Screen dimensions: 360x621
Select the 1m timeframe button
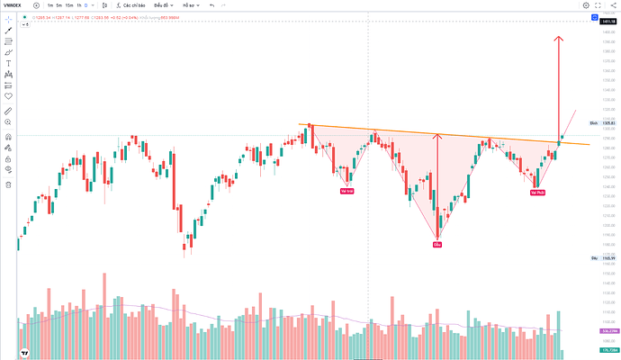[49, 5]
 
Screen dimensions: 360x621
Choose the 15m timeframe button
[69, 5]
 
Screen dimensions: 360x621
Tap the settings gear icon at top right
[586, 5]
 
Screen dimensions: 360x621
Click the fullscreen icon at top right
[599, 5]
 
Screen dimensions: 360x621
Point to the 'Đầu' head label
[437, 244]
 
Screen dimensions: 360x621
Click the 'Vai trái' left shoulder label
[346, 191]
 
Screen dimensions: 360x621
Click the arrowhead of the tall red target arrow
[559, 38]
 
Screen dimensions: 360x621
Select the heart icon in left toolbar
[8, 95]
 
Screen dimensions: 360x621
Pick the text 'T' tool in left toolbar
[8, 63]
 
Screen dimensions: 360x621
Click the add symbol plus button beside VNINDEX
[36, 5]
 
